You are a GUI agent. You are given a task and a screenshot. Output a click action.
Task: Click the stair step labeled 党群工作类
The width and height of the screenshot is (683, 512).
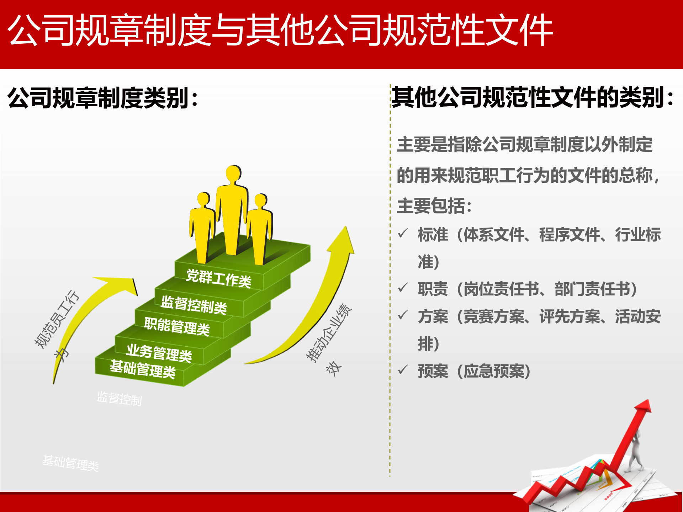coord(218,278)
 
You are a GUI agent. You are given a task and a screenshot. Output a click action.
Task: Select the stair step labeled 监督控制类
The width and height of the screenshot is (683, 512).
coord(194,305)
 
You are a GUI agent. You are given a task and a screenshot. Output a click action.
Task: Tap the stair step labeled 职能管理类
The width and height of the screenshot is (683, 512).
coord(177,326)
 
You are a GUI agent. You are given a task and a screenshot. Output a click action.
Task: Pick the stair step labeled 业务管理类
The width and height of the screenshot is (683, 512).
coord(159,353)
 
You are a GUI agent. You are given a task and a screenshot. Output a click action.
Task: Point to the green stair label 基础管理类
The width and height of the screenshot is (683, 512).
coord(143,369)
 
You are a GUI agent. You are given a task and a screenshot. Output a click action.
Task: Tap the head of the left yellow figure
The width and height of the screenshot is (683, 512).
coord(204,199)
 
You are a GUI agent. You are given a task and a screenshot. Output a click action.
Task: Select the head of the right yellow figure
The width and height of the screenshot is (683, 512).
coord(261,200)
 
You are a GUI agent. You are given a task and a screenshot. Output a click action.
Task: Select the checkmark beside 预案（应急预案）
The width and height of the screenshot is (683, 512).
coord(403,370)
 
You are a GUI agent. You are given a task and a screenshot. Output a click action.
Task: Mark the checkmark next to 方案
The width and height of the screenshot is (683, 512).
coord(403,315)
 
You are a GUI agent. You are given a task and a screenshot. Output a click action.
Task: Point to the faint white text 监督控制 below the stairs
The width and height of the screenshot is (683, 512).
coord(119,399)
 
